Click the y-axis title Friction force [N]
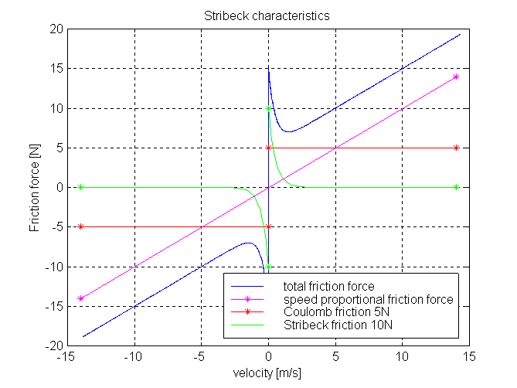coord(34,188)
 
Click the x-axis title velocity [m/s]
coord(267,373)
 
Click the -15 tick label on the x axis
coord(68,358)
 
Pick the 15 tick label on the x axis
coord(468,358)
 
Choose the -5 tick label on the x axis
coord(201,358)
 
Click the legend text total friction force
coord(328,287)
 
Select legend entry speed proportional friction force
coord(368,299)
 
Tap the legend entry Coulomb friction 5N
coord(333,311)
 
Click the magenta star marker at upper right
coord(456,77)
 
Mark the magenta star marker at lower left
coord(80,298)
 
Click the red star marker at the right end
coord(456,148)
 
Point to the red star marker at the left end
coord(80,226)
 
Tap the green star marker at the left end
coord(80,187)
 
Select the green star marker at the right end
coord(456,187)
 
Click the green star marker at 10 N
coord(268,108)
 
